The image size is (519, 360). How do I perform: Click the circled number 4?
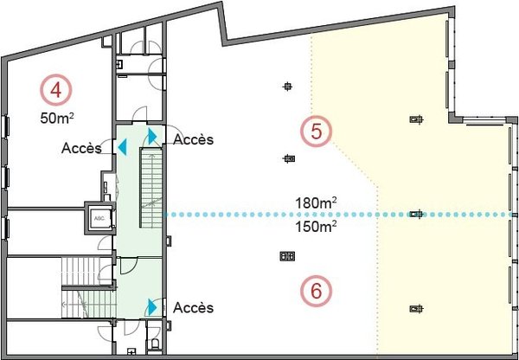pos(56,90)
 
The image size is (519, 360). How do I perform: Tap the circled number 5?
pos(317,132)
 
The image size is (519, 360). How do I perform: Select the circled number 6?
pos(317,291)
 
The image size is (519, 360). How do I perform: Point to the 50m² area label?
pos(57,118)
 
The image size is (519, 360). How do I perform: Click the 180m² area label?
pos(316,202)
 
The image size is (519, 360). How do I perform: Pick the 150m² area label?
pos(316,227)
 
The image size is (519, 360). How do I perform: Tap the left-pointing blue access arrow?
pos(122,147)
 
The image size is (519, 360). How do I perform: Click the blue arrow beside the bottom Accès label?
pos(152,307)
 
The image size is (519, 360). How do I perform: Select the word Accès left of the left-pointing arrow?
pos(81,148)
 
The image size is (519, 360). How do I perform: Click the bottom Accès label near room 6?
pos(193,308)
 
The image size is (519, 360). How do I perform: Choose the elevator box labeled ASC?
pos(99,218)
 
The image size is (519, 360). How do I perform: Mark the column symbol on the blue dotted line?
pos(416,215)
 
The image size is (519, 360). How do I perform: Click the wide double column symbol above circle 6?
pos(287,256)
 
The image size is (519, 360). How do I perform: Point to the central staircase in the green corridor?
pos(151,188)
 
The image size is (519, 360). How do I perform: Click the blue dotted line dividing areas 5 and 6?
pos(340,215)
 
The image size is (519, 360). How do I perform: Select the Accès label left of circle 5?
pos(193,139)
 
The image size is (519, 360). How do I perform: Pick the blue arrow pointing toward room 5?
pos(152,136)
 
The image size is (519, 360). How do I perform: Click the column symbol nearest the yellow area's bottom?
pos(416,309)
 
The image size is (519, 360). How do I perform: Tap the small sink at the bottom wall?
pos(131,352)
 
